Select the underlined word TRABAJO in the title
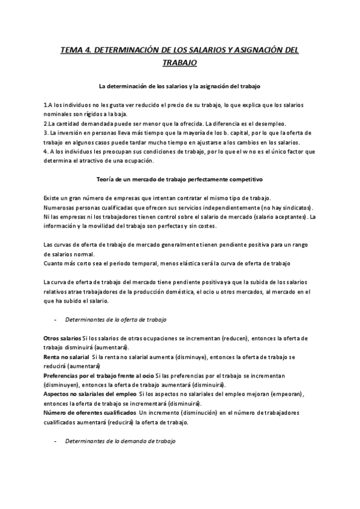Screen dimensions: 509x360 click(x=179, y=62)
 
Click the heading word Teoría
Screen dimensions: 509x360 click(x=106, y=179)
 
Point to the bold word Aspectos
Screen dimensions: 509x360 click(x=58, y=394)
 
